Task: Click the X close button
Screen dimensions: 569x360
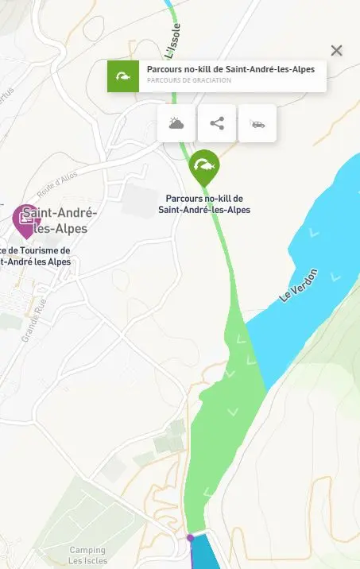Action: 337,51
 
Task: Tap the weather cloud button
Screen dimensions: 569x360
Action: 176,123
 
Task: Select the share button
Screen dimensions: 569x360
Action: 217,123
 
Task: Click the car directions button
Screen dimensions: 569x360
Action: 257,123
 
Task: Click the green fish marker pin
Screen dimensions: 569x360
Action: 205,166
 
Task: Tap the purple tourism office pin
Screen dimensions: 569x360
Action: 26,219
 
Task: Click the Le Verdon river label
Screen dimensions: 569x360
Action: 299,285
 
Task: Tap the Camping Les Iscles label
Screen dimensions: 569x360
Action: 87,555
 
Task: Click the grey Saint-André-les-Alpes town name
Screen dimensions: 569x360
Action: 60,220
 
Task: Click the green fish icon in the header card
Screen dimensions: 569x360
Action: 123,76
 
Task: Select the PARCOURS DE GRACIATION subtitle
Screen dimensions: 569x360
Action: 189,80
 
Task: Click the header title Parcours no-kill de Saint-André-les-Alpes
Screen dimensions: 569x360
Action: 230,69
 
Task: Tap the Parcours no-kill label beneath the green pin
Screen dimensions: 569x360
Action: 204,204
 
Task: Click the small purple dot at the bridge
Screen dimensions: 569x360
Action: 190,538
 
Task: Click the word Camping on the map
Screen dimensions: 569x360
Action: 87,550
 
